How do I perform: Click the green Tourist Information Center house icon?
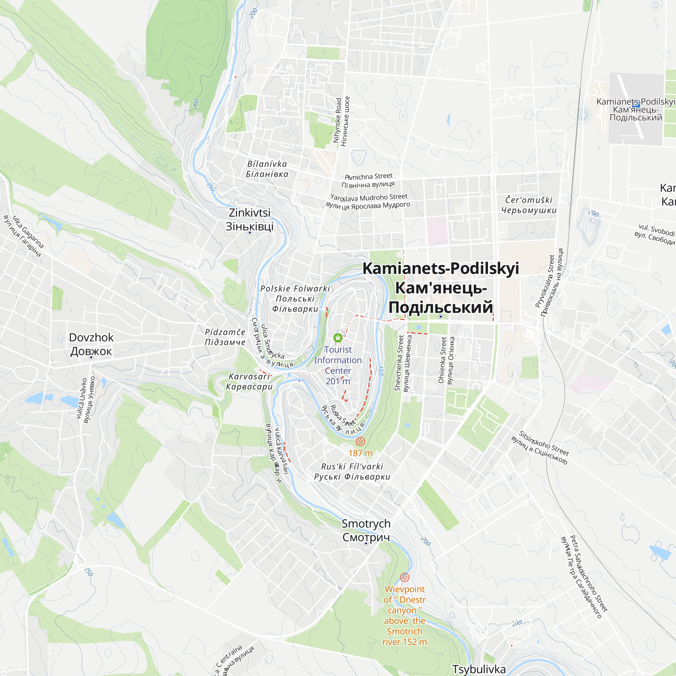tap(338, 338)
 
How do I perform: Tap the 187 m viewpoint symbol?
tap(360, 441)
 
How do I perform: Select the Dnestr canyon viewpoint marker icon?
tap(405, 577)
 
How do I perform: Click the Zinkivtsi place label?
tap(249, 219)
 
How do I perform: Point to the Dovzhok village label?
tap(91, 344)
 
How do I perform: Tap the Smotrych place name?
tap(366, 530)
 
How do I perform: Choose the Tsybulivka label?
tap(479, 669)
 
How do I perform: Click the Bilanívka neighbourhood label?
tap(267, 169)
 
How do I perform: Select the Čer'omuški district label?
tap(529, 205)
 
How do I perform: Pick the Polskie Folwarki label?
tap(295, 299)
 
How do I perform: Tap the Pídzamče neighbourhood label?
tap(225, 337)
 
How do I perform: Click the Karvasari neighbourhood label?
tap(249, 381)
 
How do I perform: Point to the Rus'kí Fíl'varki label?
tap(352, 471)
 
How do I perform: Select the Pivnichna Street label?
tap(368, 180)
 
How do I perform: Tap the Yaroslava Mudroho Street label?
tap(368, 201)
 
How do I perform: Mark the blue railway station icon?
tap(636, 103)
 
